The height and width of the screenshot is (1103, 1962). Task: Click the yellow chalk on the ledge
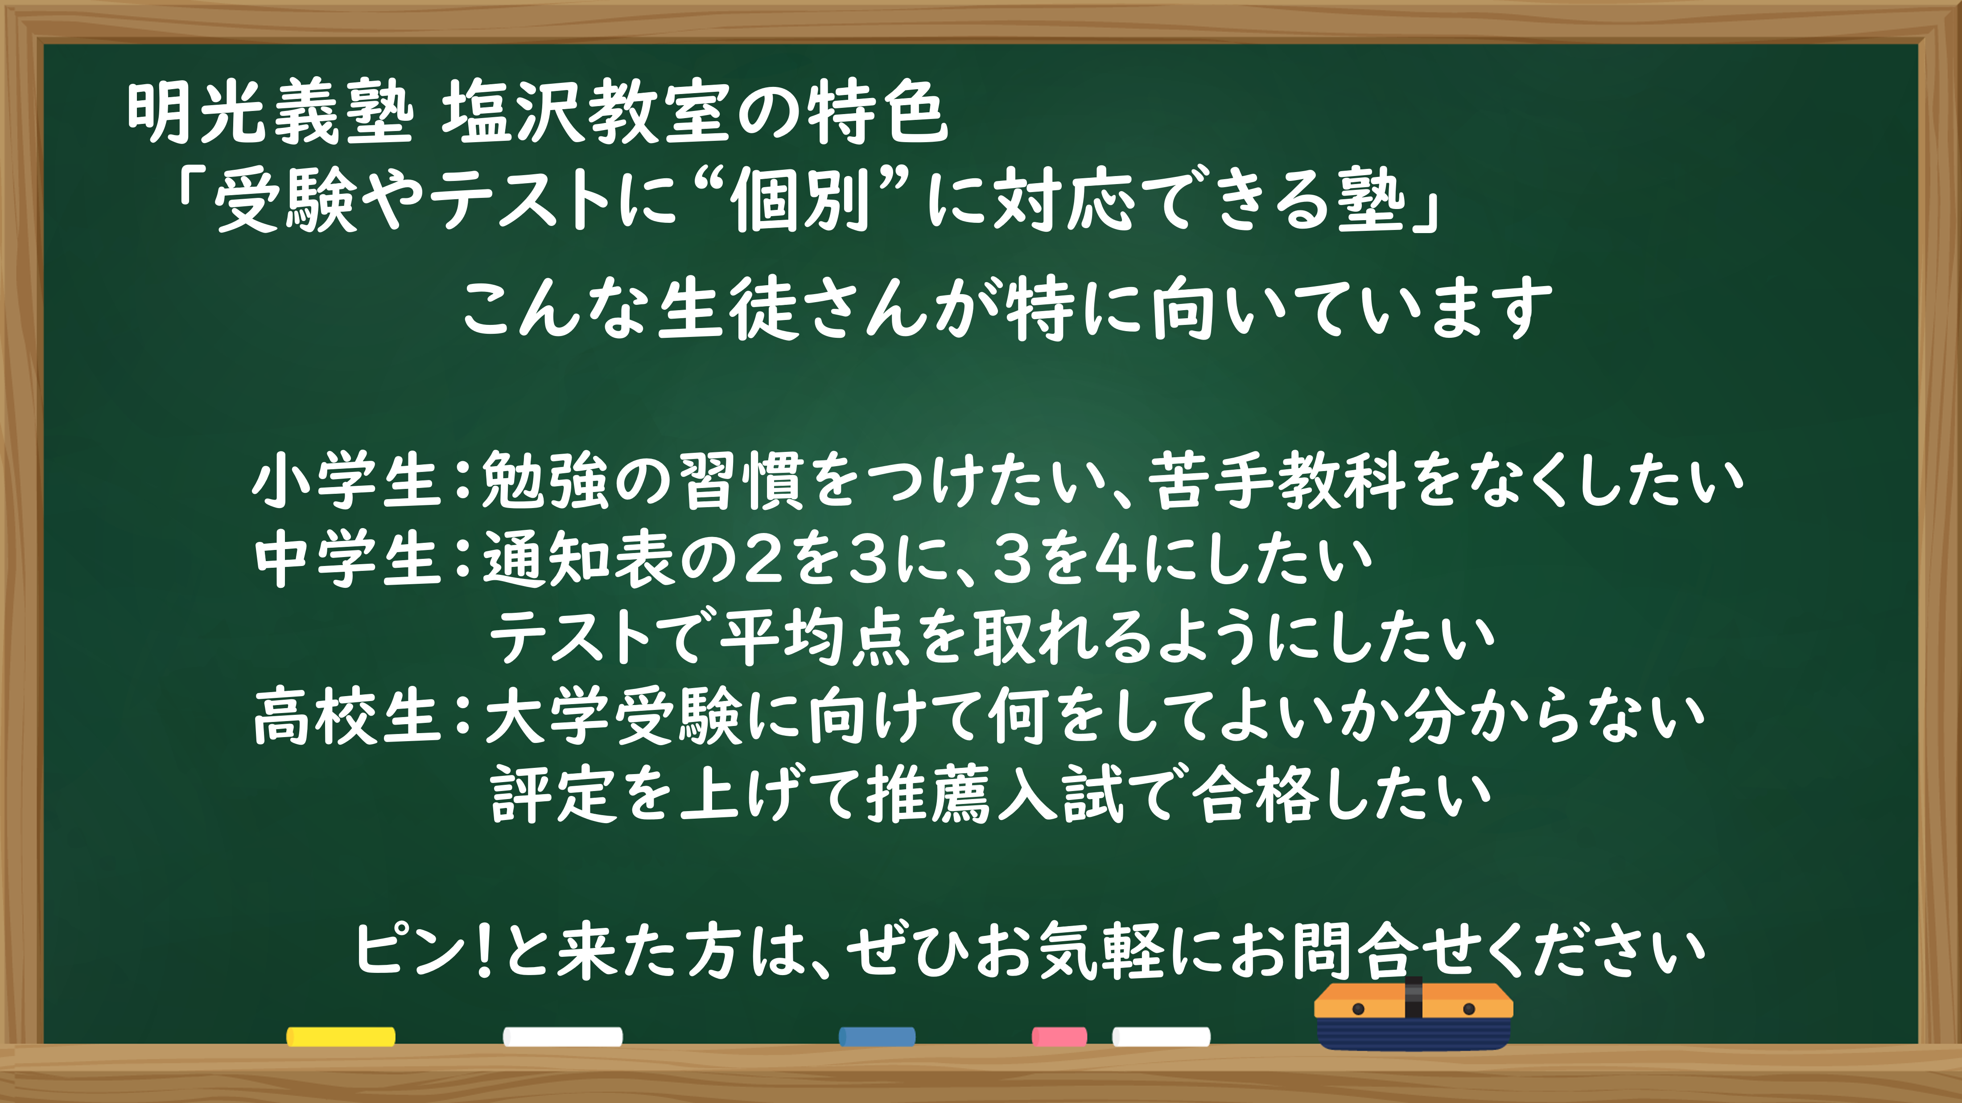[x=341, y=1036]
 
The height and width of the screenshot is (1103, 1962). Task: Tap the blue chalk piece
[x=877, y=1036]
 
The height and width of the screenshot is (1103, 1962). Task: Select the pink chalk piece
[x=1059, y=1036]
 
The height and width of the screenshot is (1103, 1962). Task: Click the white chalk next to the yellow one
[x=562, y=1036]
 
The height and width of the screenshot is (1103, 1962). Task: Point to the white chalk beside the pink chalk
[x=1161, y=1036]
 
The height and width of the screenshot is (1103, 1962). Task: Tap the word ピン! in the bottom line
[x=423, y=950]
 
